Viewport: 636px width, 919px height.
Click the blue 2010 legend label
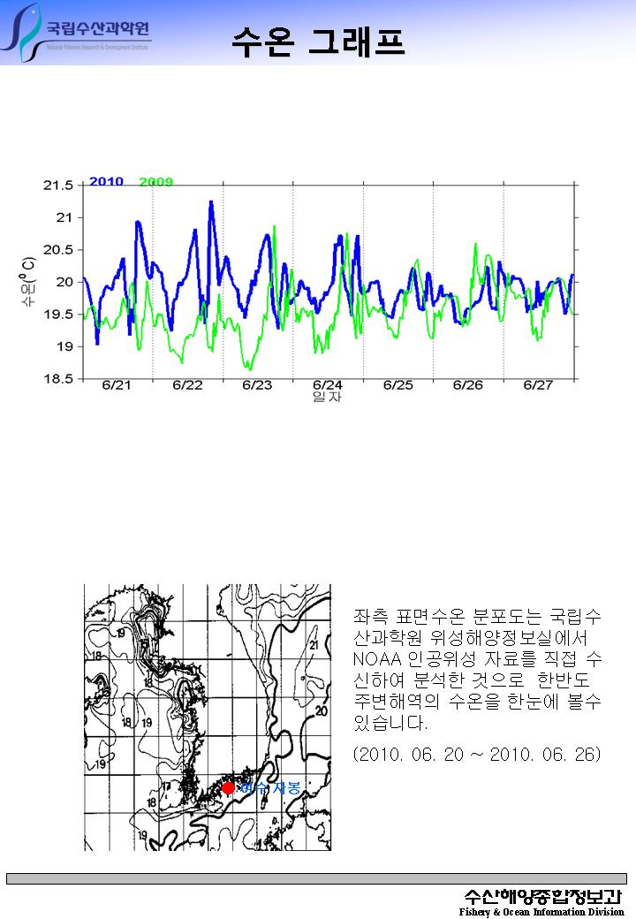[x=106, y=181]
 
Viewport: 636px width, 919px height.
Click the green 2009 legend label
[x=156, y=182]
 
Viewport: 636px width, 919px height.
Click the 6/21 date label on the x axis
[x=117, y=385]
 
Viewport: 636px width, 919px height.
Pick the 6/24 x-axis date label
[x=328, y=385]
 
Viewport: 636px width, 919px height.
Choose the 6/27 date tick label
[x=538, y=385]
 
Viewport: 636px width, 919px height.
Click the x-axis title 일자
[x=328, y=398]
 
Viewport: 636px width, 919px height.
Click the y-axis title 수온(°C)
[x=29, y=283]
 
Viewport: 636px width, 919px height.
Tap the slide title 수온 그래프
[x=318, y=41]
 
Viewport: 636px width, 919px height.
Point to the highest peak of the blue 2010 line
[x=211, y=202]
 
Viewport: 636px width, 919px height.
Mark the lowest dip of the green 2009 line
[x=250, y=368]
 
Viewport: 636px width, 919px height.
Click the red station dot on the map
[x=228, y=787]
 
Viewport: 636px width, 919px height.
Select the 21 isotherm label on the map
[x=314, y=645]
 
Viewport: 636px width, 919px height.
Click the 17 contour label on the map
[x=165, y=785]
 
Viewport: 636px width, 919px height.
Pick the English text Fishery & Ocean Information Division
[x=541, y=912]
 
